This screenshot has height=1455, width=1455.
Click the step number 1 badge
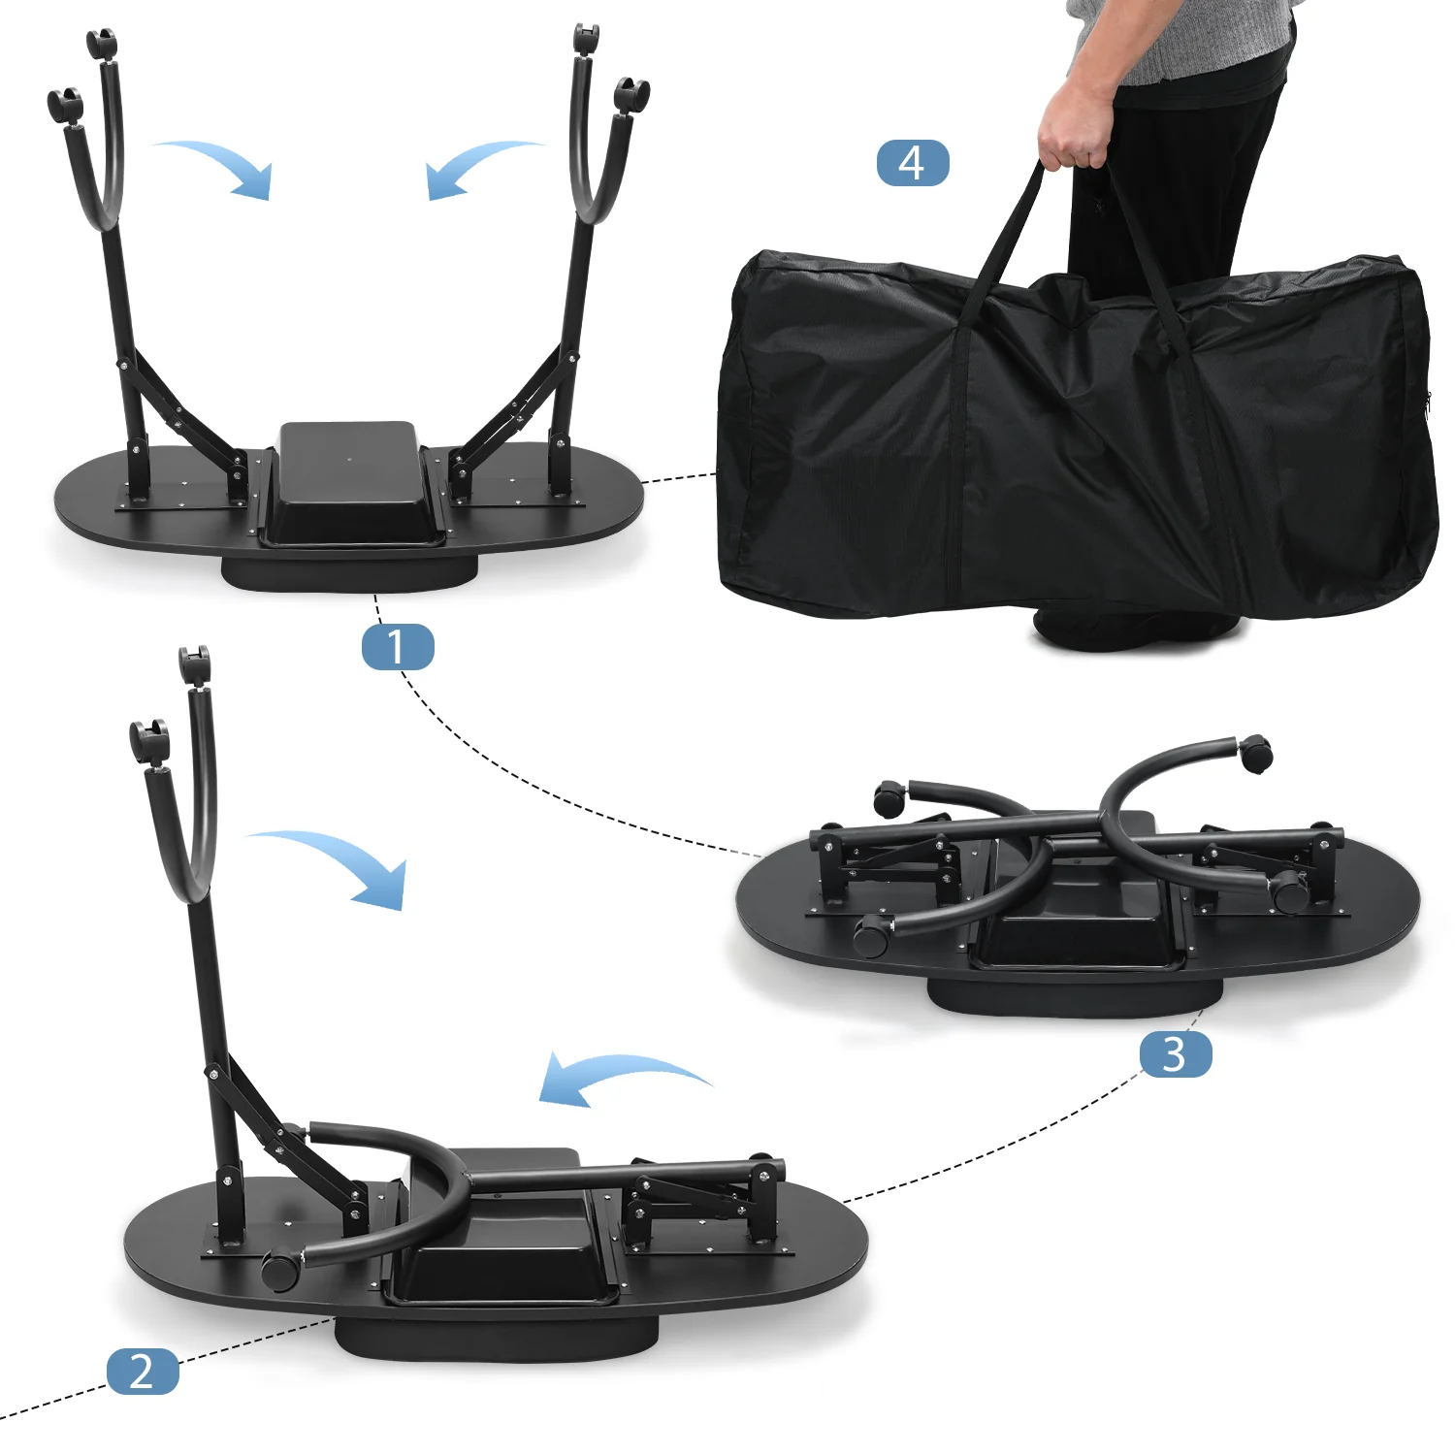pyautogui.click(x=398, y=647)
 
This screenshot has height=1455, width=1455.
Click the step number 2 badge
pyautogui.click(x=143, y=1372)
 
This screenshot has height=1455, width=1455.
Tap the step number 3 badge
pyautogui.click(x=1175, y=1054)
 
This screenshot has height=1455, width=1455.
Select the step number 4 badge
pyautogui.click(x=913, y=163)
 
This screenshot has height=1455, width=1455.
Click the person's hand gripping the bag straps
pyautogui.click(x=1074, y=125)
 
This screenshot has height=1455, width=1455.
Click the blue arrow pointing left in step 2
pyautogui.click(x=621, y=1075)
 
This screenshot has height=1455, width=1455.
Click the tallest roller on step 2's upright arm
pyautogui.click(x=194, y=666)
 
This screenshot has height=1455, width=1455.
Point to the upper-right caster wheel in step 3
pyautogui.click(x=1256, y=754)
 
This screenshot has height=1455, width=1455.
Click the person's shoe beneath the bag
pyautogui.click(x=1135, y=630)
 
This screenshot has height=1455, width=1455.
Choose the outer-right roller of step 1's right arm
pyautogui.click(x=631, y=97)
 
